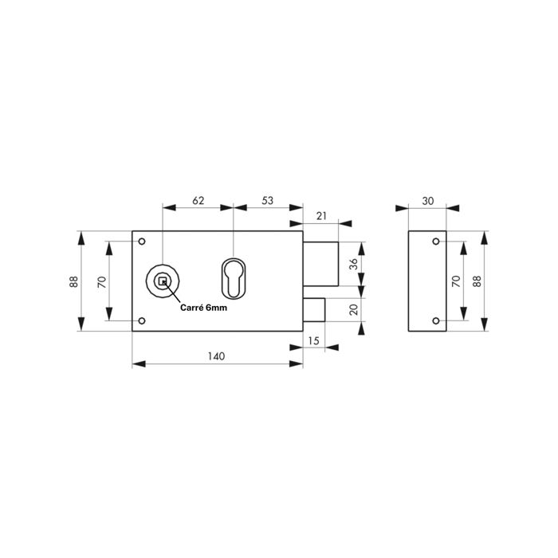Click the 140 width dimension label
coord(216,356)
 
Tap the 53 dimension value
coord(267,201)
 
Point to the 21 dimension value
coord(321,215)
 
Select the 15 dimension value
coord(312,340)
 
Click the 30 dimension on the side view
coord(428,201)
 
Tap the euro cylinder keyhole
coord(234,276)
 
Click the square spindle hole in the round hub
coord(163,280)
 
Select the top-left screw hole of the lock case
coord(142,242)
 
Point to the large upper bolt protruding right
coord(321,261)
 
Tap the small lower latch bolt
coord(313,308)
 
